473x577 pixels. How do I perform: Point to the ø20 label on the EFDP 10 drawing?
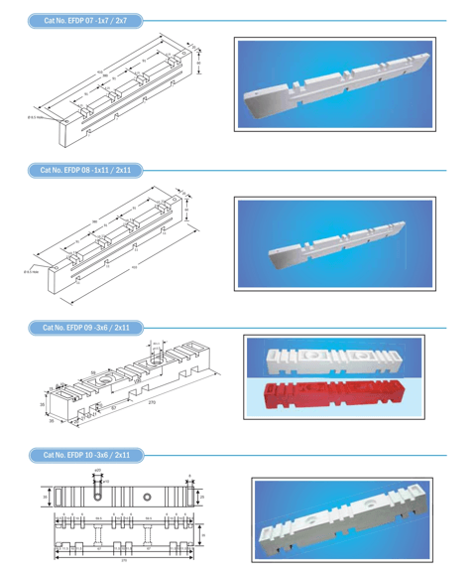pos(97,471)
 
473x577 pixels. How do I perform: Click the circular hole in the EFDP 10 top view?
pos(147,496)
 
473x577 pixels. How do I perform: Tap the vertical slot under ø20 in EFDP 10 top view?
pos(98,494)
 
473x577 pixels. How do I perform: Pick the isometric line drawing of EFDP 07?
pos(124,84)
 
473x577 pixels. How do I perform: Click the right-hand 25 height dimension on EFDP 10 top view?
pos(203,496)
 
